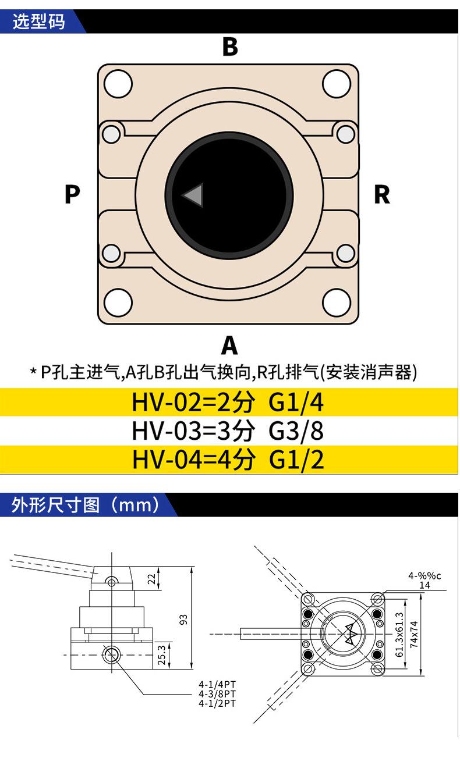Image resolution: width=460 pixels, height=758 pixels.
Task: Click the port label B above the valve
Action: coord(230,47)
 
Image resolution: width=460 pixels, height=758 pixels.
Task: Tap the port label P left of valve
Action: coord(72,194)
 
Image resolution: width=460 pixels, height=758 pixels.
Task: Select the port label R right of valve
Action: coord(381,194)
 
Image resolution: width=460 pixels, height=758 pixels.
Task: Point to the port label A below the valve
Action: coord(229,346)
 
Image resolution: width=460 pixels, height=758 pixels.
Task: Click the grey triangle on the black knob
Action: coord(193,196)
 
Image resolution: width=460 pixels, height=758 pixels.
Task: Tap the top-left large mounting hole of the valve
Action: coord(118,84)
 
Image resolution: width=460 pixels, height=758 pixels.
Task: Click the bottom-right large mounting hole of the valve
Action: coord(337,303)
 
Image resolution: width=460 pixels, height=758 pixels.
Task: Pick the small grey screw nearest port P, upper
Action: coord(109,134)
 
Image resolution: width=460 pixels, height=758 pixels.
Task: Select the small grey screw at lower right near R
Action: coord(346,252)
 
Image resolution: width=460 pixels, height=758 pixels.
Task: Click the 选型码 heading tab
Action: coord(40,23)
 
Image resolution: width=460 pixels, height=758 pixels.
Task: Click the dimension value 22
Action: coord(152,579)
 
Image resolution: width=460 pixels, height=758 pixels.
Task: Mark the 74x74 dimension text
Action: coord(414,634)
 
